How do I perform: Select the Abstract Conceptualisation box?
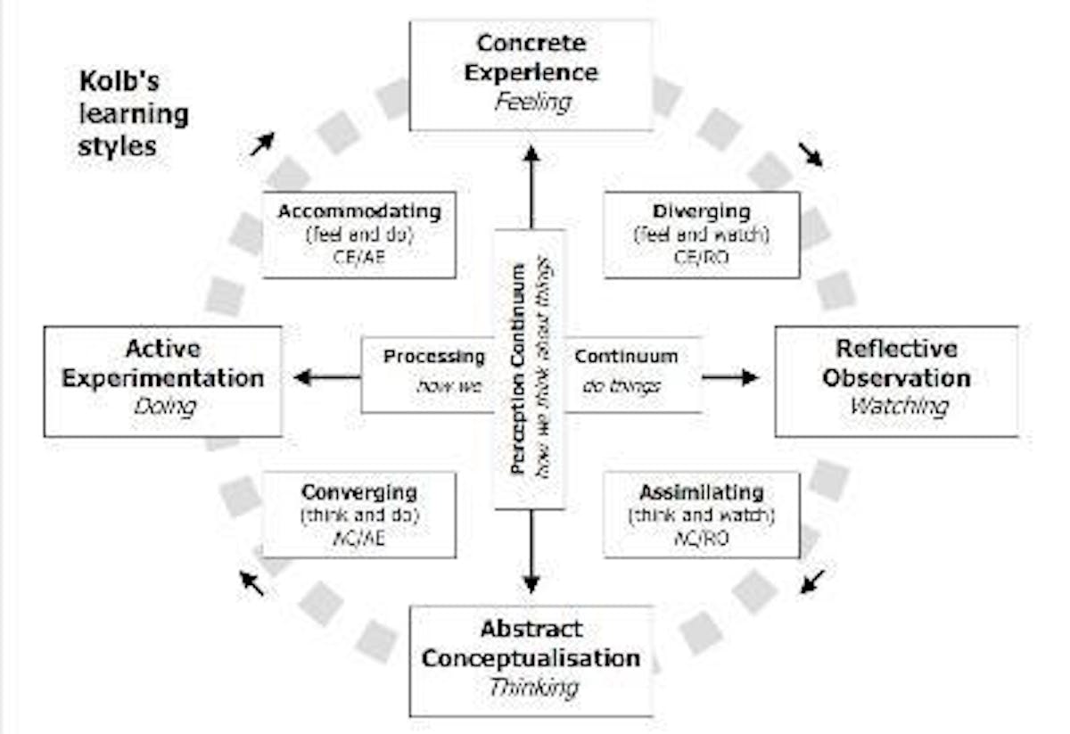click(x=531, y=660)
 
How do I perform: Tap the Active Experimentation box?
click(x=162, y=381)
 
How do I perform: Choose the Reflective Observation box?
click(x=896, y=381)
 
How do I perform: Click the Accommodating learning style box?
click(x=358, y=235)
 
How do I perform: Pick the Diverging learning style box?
click(x=701, y=235)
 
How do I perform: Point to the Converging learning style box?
click(x=358, y=515)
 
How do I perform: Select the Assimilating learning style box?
click(x=701, y=515)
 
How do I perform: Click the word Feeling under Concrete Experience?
click(x=532, y=103)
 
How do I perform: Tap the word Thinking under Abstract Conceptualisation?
click(x=532, y=688)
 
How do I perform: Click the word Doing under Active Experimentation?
click(x=164, y=407)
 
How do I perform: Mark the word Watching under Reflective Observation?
click(x=898, y=407)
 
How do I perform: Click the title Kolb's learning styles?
click(x=132, y=114)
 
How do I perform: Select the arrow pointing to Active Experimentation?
click(x=326, y=377)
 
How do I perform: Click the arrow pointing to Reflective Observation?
click(x=729, y=377)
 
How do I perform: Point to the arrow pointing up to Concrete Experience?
click(x=531, y=187)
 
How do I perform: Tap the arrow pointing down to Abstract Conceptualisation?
click(x=531, y=553)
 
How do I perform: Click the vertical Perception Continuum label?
click(x=518, y=369)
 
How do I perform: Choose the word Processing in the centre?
click(x=434, y=357)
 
